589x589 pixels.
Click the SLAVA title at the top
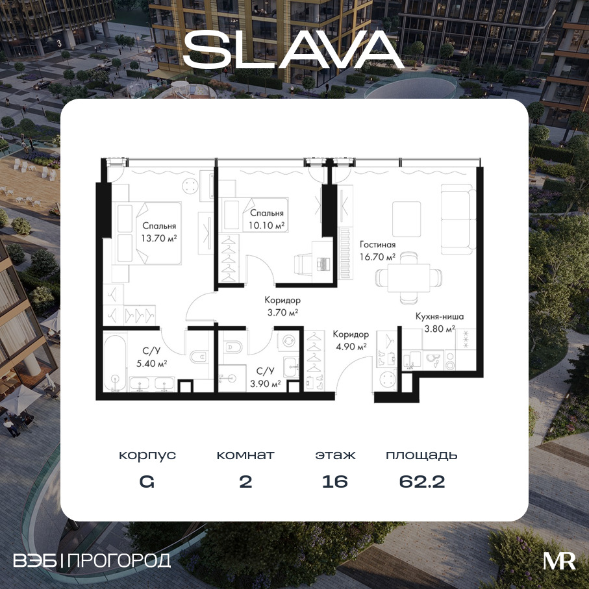pos(294,49)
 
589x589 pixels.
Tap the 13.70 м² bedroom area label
pos(159,238)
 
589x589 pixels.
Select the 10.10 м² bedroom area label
pos(266,225)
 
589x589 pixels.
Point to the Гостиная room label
pos(377,245)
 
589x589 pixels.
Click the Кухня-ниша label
pos(440,316)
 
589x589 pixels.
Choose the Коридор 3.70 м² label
pos(282,306)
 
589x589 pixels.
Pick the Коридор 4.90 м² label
pos(351,340)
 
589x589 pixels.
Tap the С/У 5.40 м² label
pos(152,357)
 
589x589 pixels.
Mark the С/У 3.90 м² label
pos(265,377)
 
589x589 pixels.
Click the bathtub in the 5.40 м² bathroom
pos(115,362)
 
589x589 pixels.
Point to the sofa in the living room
pos(456,219)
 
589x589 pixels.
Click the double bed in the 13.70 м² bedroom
pos(147,233)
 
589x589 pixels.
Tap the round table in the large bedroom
pos(190,186)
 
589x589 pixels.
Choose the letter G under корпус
pos(147,482)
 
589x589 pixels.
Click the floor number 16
pos(334,482)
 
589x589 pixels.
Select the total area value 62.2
pos(422,482)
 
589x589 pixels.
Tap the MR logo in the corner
pos(559,561)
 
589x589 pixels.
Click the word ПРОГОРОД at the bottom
pos(120,560)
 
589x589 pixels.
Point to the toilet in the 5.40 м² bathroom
pos(198,357)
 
